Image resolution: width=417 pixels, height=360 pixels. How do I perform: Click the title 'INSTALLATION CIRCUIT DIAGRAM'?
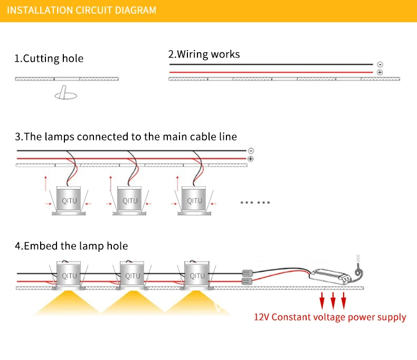tap(81, 11)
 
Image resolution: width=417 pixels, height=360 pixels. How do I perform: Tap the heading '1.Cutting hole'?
tap(49, 59)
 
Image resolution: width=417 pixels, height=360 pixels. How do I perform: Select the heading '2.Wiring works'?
tap(204, 54)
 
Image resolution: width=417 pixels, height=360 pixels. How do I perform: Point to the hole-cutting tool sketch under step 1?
tap(65, 92)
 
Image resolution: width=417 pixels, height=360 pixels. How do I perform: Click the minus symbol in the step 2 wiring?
tap(380, 64)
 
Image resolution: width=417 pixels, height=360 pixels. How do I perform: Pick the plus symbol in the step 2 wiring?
tap(380, 72)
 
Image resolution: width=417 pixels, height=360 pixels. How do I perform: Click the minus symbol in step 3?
tap(251, 151)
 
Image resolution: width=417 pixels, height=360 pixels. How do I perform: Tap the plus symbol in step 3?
tap(251, 159)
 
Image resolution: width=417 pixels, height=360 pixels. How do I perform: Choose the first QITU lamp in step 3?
tap(69, 201)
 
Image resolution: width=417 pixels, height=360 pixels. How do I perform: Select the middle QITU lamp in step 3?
tap(129, 201)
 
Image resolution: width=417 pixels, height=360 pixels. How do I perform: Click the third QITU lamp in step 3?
tap(194, 201)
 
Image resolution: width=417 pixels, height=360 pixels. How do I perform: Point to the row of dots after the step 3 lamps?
tap(255, 203)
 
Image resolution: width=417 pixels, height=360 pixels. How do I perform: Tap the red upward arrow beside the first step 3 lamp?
tap(46, 184)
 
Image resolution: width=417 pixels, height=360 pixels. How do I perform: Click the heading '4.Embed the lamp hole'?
tap(71, 246)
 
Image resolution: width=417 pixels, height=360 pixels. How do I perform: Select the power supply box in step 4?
tap(330, 277)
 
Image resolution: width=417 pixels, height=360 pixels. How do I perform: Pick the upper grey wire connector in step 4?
tap(248, 273)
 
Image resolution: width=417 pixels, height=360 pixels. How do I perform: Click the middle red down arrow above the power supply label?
tap(333, 301)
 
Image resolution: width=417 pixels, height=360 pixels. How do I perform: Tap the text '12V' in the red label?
tap(262, 317)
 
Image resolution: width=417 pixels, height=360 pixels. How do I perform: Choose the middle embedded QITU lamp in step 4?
tap(132, 276)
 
